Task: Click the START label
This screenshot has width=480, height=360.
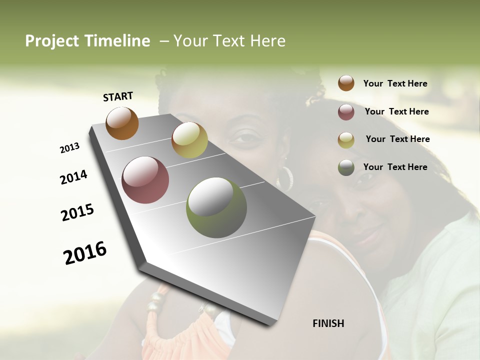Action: (118, 96)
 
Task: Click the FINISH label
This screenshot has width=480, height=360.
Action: (328, 323)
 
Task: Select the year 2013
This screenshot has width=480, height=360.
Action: (69, 148)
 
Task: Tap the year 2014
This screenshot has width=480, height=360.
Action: (73, 177)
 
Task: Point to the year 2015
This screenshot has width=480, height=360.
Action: (77, 212)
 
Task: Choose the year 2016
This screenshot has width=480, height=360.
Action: (85, 253)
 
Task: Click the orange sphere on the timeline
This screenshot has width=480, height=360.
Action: (122, 123)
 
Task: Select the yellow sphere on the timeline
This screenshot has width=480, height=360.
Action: (189, 140)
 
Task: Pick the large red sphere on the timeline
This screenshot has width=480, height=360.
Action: (145, 180)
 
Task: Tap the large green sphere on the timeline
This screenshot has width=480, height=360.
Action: (216, 207)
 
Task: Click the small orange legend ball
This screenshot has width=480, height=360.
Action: (346, 83)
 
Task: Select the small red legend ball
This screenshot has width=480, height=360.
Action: (346, 112)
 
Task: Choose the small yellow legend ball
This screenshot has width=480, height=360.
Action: (346, 140)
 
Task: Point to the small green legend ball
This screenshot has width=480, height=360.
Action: (346, 167)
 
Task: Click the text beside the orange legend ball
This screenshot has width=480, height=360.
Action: (395, 84)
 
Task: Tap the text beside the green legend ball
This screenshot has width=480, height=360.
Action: (395, 167)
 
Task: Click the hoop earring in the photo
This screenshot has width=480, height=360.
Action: (285, 177)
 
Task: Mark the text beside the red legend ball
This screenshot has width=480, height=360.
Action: (396, 111)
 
